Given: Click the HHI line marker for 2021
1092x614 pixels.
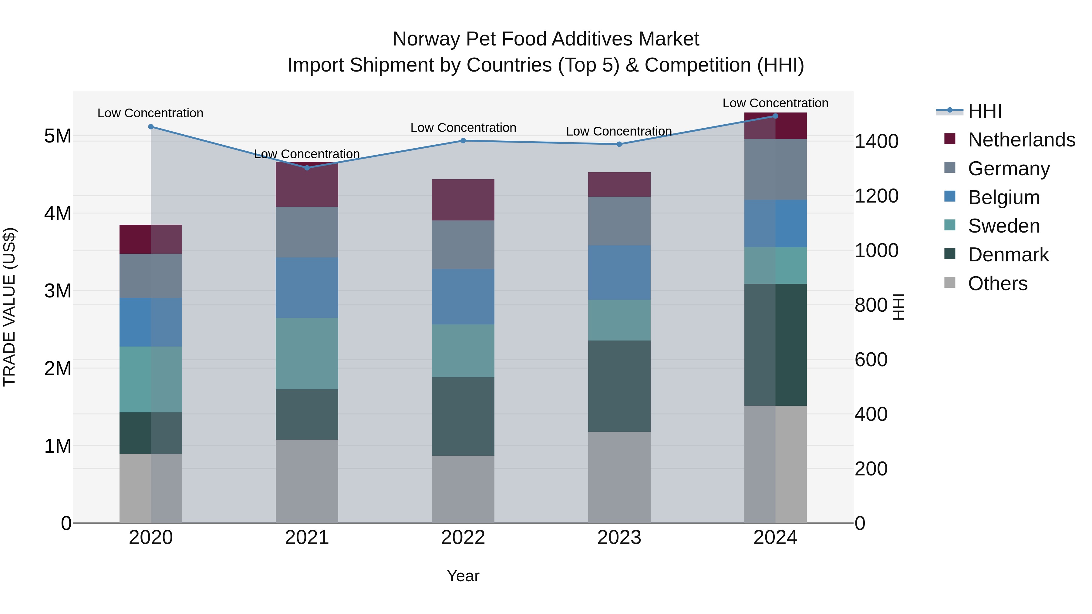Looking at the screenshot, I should point(307,168).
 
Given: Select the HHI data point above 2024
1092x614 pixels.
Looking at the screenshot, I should point(775,116).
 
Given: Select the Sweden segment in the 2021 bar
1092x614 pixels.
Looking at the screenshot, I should point(307,354).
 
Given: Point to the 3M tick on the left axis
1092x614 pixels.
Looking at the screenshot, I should point(58,291).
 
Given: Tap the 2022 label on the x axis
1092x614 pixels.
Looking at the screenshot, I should point(463,538).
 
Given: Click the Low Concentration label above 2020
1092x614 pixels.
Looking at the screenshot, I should point(150,113).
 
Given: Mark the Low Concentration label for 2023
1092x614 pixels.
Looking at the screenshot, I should point(619,131).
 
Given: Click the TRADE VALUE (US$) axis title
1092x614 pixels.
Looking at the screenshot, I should point(9,307).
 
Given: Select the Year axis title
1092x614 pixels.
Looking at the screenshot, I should point(463,576).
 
